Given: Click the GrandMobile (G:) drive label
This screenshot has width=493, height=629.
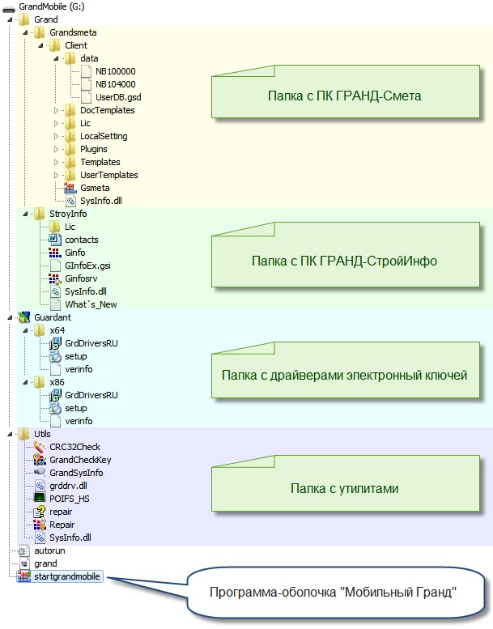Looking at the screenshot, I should point(51,6).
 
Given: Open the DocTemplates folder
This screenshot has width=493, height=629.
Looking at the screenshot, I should point(107,110).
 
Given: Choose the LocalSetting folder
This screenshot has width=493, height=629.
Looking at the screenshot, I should point(103,136).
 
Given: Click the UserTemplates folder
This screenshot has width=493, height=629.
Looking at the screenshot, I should point(108,175).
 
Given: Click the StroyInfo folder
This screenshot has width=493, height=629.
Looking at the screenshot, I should point(67,214).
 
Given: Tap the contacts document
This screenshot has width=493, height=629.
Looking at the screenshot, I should point(81,240).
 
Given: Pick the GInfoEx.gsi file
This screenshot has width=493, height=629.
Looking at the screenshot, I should point(87,266).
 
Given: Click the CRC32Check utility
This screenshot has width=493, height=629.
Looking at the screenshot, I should point(74,447).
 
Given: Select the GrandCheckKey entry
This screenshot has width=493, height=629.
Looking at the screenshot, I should point(80,460).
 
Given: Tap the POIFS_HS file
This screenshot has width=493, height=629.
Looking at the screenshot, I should point(69,499).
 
